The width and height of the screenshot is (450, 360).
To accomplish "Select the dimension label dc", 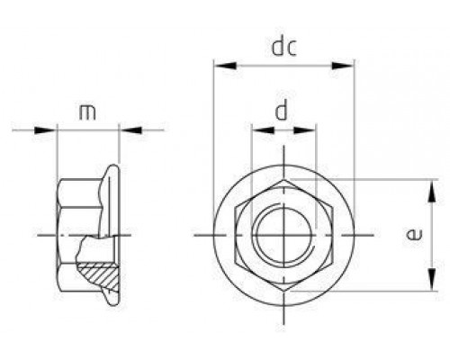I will point(284,47).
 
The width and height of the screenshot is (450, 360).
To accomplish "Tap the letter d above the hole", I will point(283,112).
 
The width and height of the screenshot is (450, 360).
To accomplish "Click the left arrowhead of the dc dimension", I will point(220,66).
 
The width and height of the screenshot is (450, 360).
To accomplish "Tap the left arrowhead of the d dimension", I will point(257,131).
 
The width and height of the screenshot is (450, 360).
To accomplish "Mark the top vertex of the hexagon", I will point(283,180).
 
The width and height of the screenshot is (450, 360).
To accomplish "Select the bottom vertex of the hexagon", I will point(283,290).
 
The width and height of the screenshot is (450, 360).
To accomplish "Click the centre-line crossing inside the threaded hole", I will point(283,235).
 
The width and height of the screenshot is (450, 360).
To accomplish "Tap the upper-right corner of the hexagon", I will point(331,208).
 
